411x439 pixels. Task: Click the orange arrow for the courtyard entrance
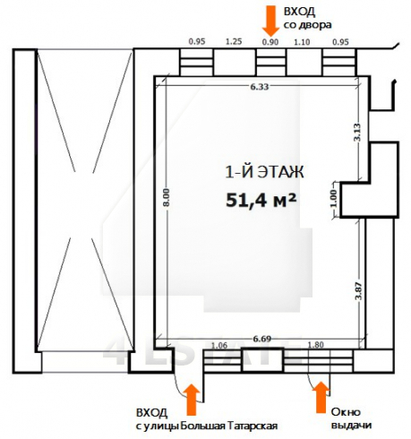(x=271, y=21)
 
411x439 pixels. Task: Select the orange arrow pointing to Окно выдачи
(x=321, y=397)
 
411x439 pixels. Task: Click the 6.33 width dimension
(x=260, y=87)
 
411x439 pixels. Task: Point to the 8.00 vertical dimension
(x=167, y=197)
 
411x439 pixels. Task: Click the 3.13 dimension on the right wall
(x=357, y=132)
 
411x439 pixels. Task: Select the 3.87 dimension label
(x=358, y=291)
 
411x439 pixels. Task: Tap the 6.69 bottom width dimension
(x=261, y=339)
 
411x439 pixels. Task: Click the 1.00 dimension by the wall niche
(x=334, y=199)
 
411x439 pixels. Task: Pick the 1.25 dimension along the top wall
(x=234, y=41)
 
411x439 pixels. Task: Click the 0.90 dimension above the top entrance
(x=270, y=42)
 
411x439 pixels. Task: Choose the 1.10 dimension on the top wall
(x=302, y=42)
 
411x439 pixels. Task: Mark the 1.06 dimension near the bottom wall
(x=219, y=346)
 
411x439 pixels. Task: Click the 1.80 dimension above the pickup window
(x=315, y=345)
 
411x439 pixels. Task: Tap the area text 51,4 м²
(x=261, y=200)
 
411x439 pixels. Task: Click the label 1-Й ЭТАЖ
(x=264, y=172)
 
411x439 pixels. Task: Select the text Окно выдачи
(x=351, y=418)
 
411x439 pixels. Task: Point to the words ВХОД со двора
(x=307, y=19)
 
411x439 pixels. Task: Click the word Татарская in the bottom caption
(x=253, y=426)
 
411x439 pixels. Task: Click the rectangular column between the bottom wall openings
(x=261, y=360)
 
